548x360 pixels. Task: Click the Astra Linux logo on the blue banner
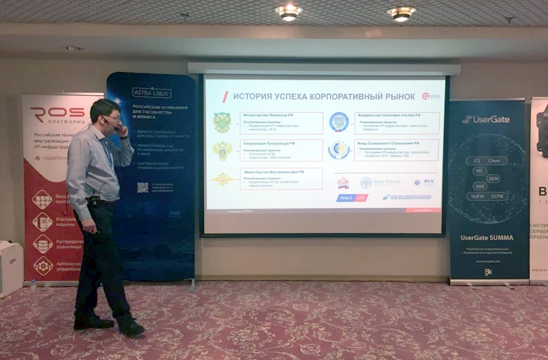click(x=151, y=92)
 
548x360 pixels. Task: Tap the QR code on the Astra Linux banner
click(x=142, y=187)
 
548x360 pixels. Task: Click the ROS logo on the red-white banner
click(x=56, y=114)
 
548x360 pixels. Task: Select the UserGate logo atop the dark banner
click(x=486, y=119)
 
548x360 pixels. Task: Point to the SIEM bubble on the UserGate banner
click(x=493, y=178)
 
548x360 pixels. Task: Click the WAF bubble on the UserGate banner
click(x=480, y=186)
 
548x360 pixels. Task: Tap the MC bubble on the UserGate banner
click(x=480, y=170)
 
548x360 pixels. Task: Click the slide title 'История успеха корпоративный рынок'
click(x=315, y=97)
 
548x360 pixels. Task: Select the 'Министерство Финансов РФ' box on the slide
click(x=281, y=123)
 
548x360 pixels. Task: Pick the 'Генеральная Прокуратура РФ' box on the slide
click(x=281, y=150)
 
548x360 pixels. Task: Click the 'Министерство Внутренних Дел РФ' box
click(x=281, y=178)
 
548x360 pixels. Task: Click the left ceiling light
click(x=288, y=11)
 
